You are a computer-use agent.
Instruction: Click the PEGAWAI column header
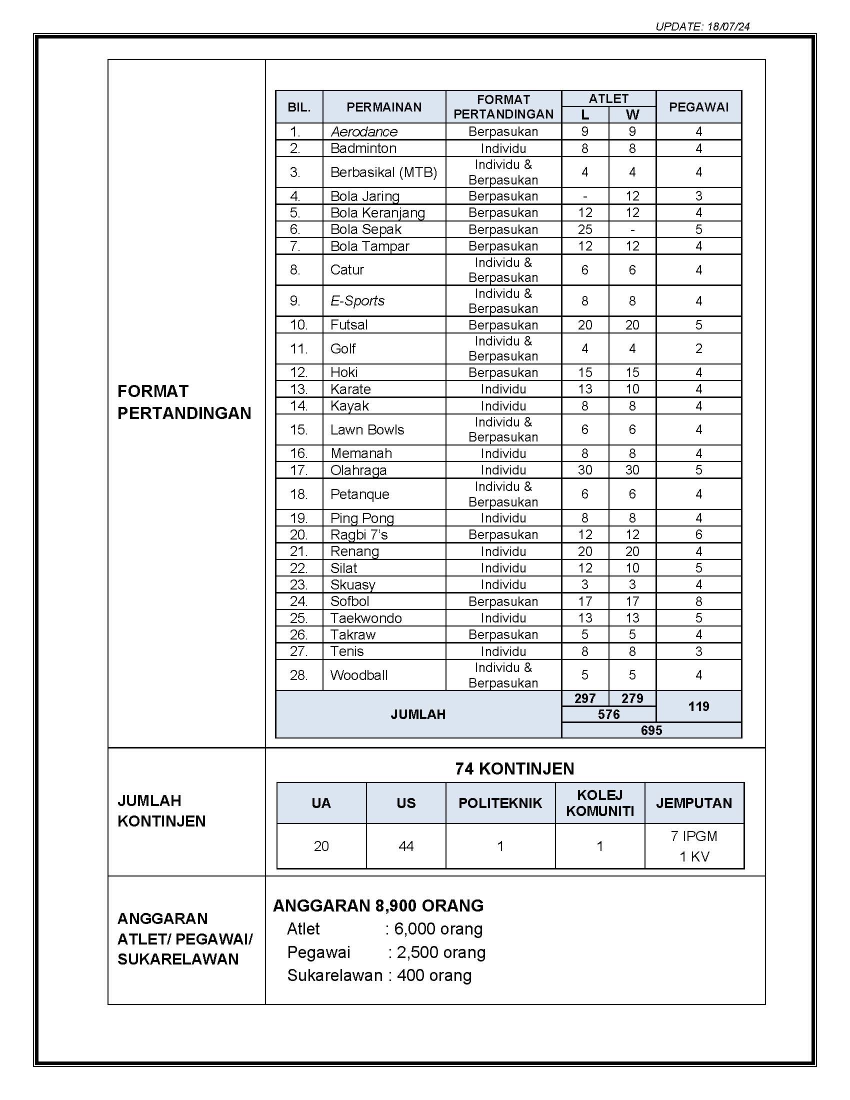[698, 107]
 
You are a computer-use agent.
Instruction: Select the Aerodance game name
[364, 132]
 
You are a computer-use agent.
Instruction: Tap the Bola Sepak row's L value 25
[584, 229]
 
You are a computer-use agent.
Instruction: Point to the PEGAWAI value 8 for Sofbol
[698, 601]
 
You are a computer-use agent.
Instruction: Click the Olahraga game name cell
[358, 470]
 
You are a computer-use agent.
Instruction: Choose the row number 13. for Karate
[298, 389]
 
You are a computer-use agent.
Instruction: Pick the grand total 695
[651, 730]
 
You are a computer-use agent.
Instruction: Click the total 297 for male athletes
[584, 698]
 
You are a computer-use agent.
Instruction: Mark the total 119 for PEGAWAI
[698, 706]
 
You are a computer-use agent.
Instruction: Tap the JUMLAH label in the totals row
[418, 714]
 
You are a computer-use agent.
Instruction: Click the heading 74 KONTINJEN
[514, 768]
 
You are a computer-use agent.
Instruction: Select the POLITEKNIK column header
[500, 803]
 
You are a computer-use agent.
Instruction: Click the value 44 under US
[406, 846]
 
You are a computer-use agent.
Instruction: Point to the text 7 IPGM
[694, 836]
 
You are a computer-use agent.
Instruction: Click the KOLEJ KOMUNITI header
[599, 803]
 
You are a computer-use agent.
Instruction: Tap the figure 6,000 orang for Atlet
[438, 929]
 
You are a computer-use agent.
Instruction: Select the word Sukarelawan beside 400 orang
[335, 975]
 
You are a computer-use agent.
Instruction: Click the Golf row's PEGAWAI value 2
[698, 348]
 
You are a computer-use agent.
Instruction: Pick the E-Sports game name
[357, 301]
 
